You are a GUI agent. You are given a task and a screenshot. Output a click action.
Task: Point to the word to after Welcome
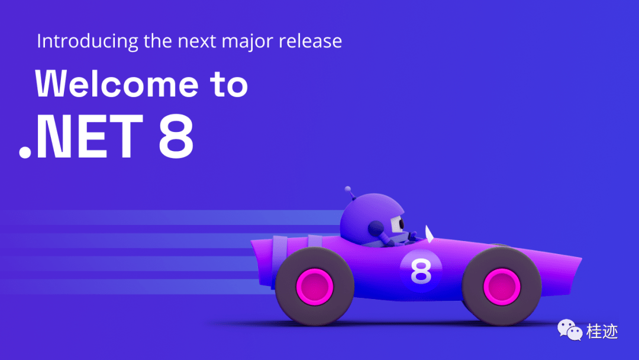pos(229,85)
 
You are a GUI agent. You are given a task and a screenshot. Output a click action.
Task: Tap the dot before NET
pos(25,152)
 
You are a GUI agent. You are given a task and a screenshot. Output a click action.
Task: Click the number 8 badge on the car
pos(421,271)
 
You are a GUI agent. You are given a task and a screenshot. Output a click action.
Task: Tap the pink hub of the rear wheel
pos(315,287)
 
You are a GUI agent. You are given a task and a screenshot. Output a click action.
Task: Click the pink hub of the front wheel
pos(502,287)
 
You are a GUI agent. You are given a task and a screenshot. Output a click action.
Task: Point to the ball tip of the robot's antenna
pos(348,189)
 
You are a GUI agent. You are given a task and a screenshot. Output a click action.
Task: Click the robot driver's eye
pos(401,223)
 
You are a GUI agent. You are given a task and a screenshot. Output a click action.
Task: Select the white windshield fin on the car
pos(429,233)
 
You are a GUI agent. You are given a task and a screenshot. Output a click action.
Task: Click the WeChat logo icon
pos(570,330)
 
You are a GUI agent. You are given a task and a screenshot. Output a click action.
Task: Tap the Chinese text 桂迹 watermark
pos(602,331)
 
